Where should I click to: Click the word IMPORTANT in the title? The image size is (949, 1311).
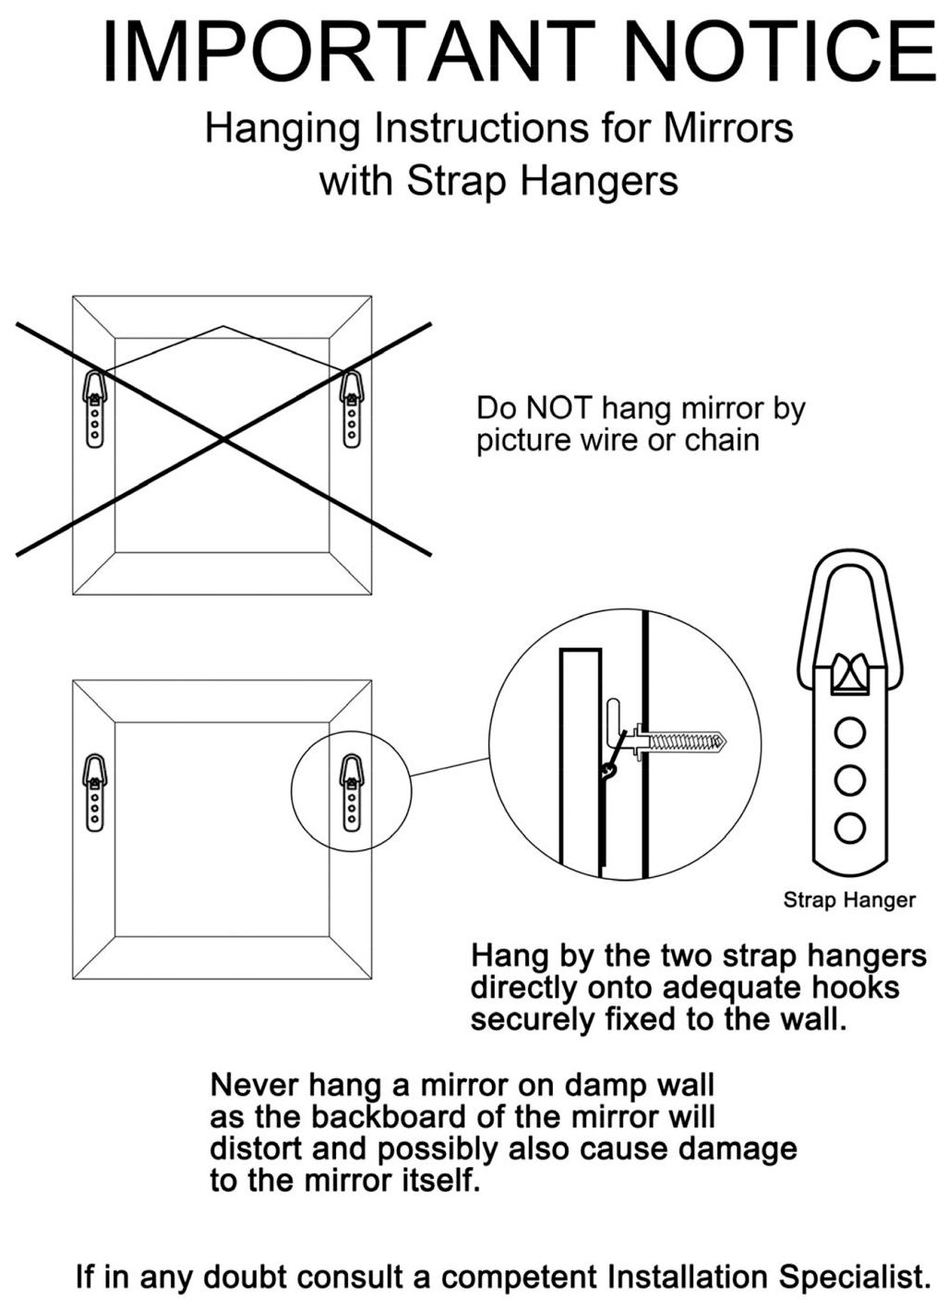pyautogui.click(x=345, y=51)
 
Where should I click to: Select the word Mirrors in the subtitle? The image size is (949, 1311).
pyautogui.click(x=727, y=127)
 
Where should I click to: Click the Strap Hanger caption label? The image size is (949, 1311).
pyautogui.click(x=849, y=899)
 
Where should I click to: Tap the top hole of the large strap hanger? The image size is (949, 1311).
pyautogui.click(x=849, y=733)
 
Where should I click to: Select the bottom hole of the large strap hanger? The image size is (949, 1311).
pyautogui.click(x=849, y=827)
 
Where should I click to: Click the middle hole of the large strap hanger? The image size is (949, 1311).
pyautogui.click(x=849, y=780)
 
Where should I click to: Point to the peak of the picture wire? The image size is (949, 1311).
pyautogui.click(x=222, y=326)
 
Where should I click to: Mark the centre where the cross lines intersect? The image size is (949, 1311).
pyautogui.click(x=222, y=439)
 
